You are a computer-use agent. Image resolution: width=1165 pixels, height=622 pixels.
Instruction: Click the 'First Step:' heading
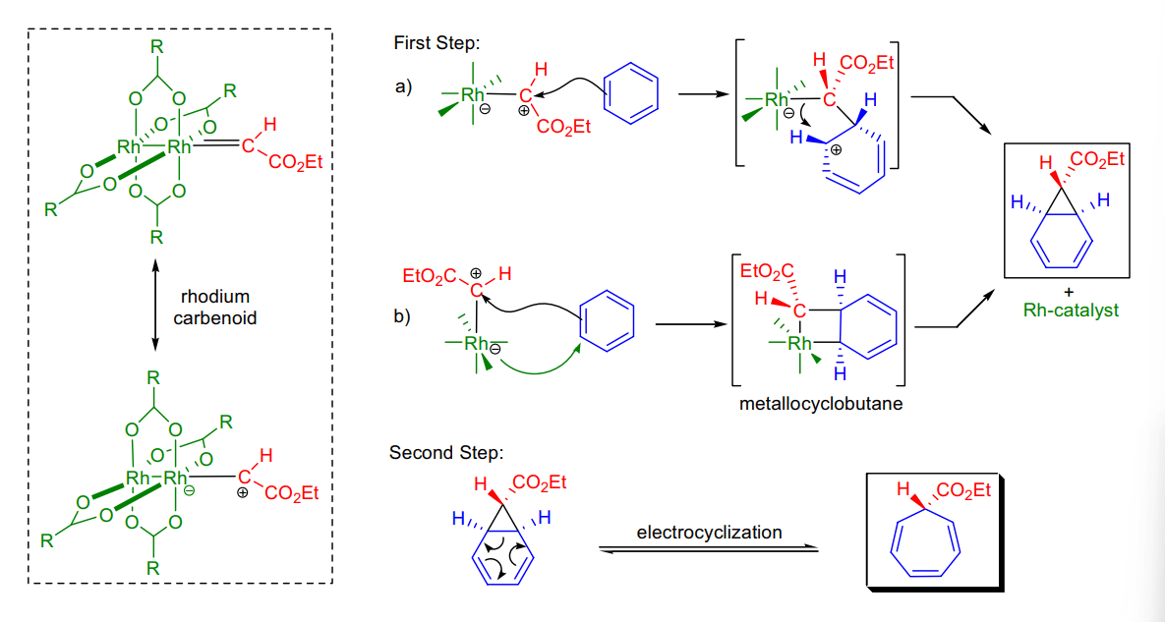point(437,43)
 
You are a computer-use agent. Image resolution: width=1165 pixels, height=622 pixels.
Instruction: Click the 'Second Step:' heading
point(445,453)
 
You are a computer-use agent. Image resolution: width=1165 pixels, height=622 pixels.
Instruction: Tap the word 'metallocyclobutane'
point(820,405)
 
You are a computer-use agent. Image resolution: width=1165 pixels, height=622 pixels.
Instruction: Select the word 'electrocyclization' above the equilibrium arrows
point(709,533)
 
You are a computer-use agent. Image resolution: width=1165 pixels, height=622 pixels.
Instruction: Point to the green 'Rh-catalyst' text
point(1071,311)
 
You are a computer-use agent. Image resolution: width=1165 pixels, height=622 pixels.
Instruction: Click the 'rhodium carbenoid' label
point(214,308)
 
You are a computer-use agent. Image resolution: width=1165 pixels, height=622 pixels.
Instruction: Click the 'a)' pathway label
point(403,87)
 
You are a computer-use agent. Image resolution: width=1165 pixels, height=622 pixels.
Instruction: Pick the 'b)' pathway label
point(402,317)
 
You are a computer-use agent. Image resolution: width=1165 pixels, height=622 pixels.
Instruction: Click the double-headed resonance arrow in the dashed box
point(154,305)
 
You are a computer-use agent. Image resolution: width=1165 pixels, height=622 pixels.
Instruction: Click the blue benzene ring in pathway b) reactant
point(607,320)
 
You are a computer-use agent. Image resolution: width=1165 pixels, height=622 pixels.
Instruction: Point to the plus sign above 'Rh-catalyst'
point(1070,293)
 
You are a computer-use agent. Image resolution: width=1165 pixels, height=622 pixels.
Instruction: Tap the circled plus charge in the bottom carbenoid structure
point(242,492)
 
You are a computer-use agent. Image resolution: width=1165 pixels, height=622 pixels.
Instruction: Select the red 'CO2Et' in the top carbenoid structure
point(295,162)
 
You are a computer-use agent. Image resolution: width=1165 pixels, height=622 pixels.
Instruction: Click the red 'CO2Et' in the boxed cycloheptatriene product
point(964,491)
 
